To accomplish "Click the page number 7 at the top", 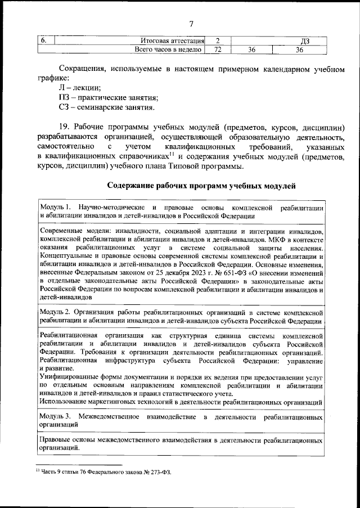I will [x=191, y=24].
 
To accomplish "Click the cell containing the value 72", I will [x=217, y=50].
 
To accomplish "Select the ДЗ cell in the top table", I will [x=305, y=41].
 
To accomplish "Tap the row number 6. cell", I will [x=43, y=41].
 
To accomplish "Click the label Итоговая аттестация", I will [x=172, y=41].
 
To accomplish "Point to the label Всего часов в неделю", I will [x=168, y=50].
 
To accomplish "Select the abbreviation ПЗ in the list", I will [x=64, y=97].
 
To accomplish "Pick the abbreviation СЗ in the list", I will [x=64, y=107].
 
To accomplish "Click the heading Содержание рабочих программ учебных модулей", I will [x=201, y=186].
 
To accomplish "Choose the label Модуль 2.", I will [x=56, y=311].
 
